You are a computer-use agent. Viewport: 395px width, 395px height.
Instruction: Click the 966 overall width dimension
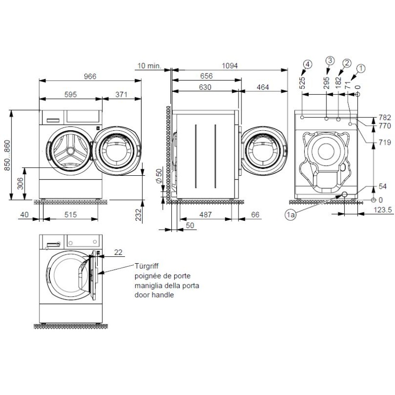(x=89, y=76)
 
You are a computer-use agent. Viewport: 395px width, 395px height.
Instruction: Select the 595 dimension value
(x=71, y=94)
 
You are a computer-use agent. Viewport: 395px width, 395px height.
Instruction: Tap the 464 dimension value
(x=263, y=87)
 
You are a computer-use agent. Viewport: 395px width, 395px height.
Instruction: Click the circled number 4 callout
(x=308, y=64)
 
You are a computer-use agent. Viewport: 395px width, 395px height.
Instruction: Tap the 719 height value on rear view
(x=385, y=142)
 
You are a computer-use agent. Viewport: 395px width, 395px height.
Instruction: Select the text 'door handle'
(x=154, y=294)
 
